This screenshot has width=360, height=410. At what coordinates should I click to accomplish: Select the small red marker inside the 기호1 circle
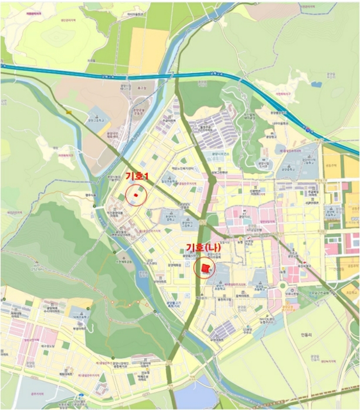click(x=136, y=194)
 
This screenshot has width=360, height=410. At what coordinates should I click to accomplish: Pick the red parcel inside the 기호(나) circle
click(x=205, y=268)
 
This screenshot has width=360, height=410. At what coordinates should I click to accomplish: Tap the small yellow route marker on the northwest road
click(x=69, y=112)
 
